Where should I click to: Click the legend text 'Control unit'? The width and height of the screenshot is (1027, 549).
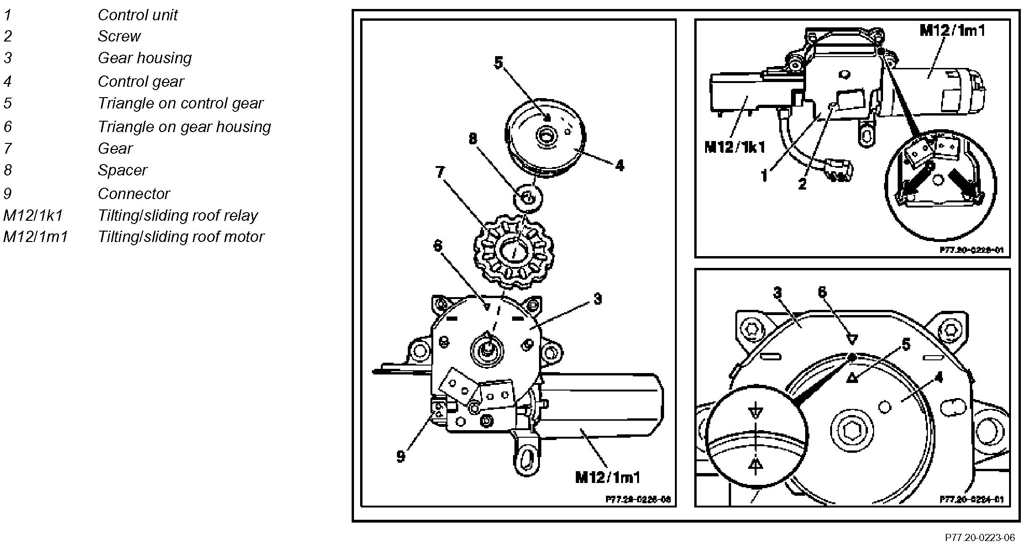coord(137,15)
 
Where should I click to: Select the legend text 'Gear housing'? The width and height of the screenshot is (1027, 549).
coord(144,58)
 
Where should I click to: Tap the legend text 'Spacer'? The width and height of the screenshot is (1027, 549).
coord(122,170)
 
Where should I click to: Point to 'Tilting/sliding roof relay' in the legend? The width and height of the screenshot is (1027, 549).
coord(177,216)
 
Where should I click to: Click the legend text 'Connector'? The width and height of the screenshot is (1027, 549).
coord(134,194)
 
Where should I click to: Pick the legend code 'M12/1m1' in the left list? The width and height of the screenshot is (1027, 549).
coord(35,237)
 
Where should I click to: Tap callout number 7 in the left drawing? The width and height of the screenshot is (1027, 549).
coord(440,172)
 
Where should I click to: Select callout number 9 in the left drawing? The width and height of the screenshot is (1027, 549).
coord(401,457)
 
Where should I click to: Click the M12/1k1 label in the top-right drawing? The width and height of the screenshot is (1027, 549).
coord(734,148)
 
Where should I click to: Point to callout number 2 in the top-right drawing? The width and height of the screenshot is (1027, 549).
coord(802,184)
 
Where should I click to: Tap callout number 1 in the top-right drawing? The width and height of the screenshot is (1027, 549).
coord(764,176)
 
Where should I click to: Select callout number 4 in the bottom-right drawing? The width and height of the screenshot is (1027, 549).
coord(938,378)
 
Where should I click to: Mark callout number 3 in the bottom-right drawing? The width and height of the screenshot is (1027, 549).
coord(777,293)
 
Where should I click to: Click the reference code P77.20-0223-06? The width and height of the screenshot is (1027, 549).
coord(980,538)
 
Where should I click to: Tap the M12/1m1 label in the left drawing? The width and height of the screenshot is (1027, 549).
coord(608,477)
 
